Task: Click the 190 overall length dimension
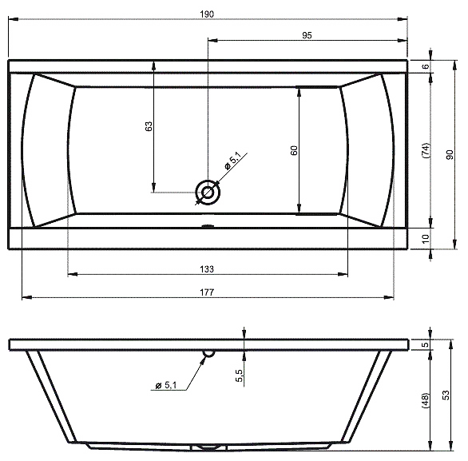207,14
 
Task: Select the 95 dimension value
307,35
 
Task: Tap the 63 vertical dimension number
149,126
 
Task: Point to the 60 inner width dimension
294,150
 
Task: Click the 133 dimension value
207,269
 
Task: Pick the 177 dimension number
207,292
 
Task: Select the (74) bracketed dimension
426,150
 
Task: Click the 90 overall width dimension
450,154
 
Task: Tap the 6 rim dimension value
426,66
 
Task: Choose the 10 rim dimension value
426,239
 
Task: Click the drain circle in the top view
208,193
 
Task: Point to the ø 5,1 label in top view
233,161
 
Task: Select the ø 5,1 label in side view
166,385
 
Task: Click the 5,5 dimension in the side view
240,376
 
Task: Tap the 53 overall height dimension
446,395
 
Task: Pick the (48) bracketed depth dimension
426,401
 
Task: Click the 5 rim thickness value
426,344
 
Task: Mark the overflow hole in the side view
209,353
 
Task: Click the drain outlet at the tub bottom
208,447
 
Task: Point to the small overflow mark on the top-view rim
208,226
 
